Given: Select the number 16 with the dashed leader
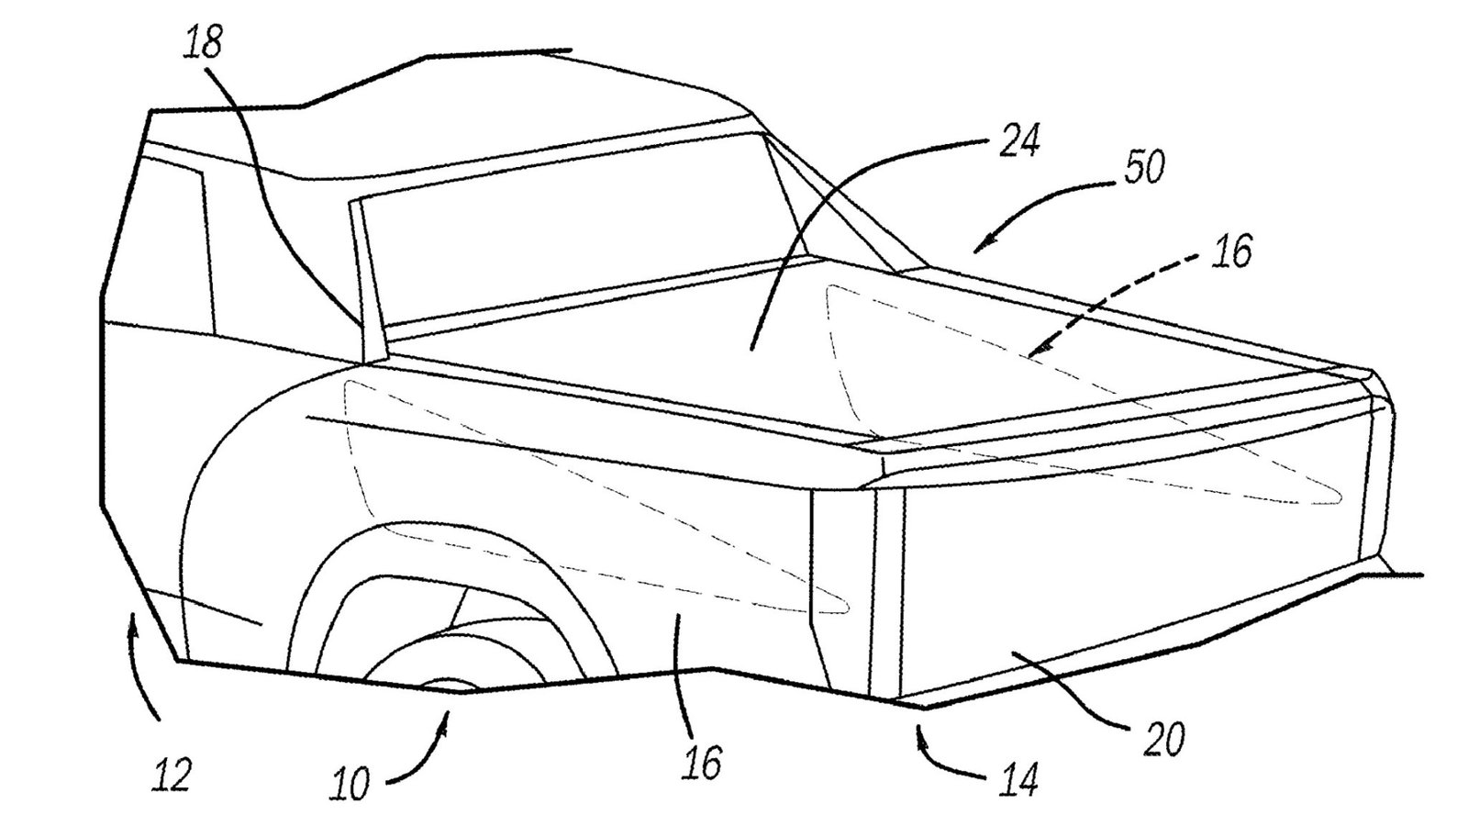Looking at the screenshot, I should pyautogui.click(x=1231, y=251).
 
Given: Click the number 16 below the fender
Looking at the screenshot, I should pyautogui.click(x=702, y=762).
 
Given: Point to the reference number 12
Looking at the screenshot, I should pyautogui.click(x=172, y=776).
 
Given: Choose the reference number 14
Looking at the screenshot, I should pyautogui.click(x=1018, y=780).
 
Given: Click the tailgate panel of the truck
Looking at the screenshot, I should pyautogui.click(x=1129, y=569).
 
